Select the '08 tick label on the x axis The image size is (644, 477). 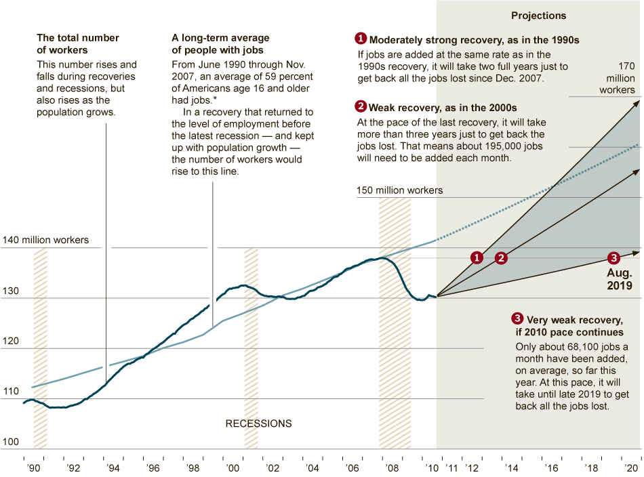(391, 468)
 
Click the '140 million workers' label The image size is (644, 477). (45, 241)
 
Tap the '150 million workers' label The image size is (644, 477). (399, 190)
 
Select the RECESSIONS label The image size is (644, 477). (258, 424)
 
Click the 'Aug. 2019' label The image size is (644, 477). (618, 279)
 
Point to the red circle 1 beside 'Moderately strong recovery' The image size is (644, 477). (361, 39)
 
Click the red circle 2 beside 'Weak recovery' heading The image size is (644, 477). (361, 107)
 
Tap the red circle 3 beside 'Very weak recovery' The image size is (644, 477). (517, 319)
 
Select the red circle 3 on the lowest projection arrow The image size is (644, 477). (613, 257)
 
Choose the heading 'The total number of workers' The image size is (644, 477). (78, 44)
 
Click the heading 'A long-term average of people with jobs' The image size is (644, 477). (220, 44)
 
